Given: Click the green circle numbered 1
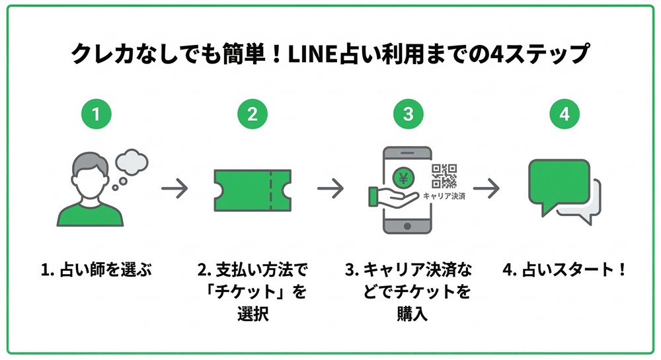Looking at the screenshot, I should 97,114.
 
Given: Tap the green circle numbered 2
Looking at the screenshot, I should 253,114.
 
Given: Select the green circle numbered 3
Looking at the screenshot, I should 408,114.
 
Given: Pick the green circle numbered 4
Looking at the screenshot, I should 564,114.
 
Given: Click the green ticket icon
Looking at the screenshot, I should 253,190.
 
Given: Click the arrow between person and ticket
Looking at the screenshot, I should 175,189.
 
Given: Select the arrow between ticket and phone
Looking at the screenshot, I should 330,189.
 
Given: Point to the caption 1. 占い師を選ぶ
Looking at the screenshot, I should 97,270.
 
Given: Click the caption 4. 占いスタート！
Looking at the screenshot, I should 564,270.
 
